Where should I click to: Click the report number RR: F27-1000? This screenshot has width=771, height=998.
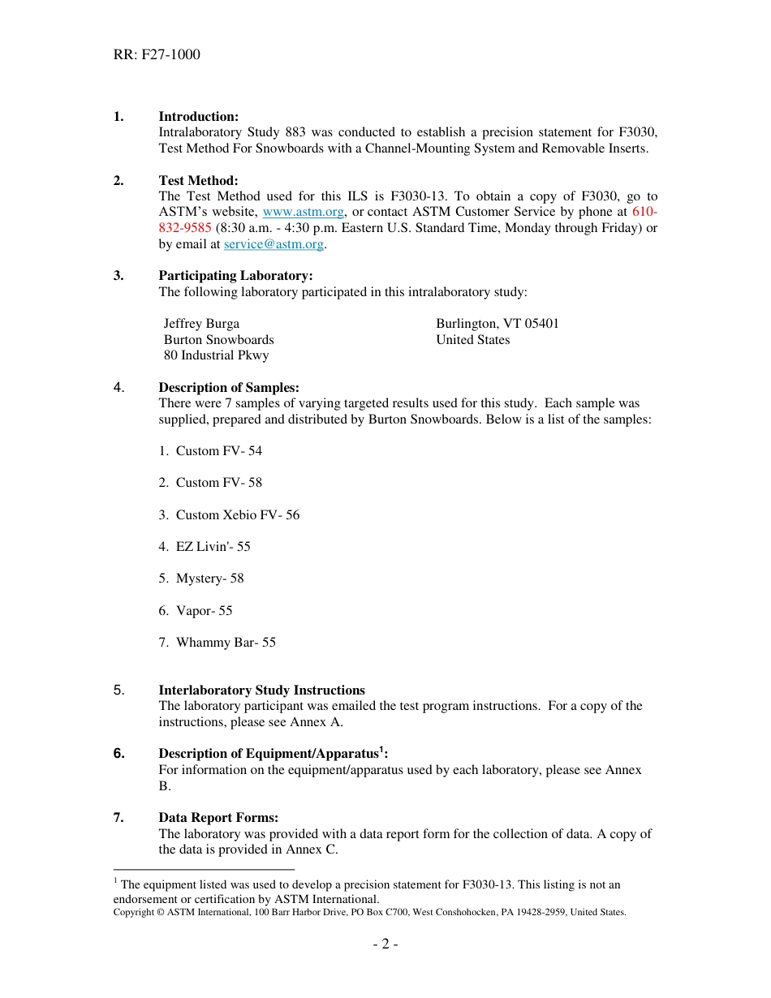pyautogui.click(x=157, y=55)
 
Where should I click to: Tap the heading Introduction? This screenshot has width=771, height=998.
pyautogui.click(x=198, y=117)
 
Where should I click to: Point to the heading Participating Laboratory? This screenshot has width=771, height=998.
pyautogui.click(x=235, y=276)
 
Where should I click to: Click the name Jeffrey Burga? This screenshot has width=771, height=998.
pyautogui.click(x=201, y=324)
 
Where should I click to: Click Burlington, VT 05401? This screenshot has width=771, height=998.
pyautogui.click(x=497, y=324)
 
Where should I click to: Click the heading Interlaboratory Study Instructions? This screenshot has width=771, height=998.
pyautogui.click(x=261, y=690)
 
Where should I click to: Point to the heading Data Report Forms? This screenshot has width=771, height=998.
pyautogui.click(x=218, y=818)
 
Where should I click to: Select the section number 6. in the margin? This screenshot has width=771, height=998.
pyautogui.click(x=119, y=754)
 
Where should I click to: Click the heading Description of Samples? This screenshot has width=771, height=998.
pyautogui.click(x=229, y=388)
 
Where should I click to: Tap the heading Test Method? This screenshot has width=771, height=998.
pyautogui.click(x=198, y=181)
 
